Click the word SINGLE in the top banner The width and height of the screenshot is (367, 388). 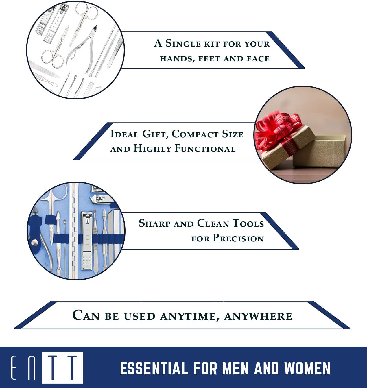(183, 43)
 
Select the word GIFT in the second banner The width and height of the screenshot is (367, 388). (155, 134)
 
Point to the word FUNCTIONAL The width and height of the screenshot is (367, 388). (205, 148)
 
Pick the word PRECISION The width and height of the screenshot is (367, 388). (238, 238)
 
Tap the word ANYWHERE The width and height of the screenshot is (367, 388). (258, 316)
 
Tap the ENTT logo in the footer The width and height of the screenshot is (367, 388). (47, 367)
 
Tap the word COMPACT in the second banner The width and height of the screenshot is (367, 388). (195, 134)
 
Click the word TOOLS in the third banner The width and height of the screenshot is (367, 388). (248, 223)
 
